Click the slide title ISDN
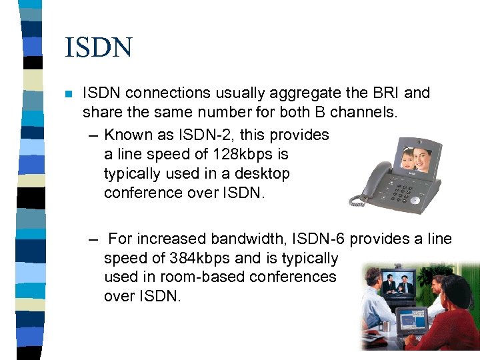99,48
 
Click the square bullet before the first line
68,94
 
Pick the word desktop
263,173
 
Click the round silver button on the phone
415,200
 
